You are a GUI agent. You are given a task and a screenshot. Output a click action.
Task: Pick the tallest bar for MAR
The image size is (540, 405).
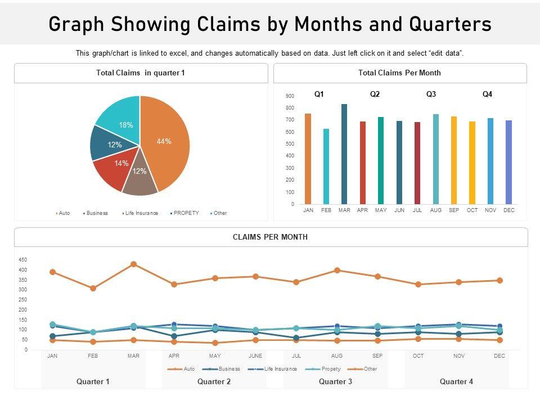pos(344,154)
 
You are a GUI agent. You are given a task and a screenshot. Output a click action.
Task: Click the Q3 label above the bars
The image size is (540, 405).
pos(431,94)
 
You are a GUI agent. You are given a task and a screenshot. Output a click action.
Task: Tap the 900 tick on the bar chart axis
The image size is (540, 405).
pos(290,96)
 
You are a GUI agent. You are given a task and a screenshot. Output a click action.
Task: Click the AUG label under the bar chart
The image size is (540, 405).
pos(435,210)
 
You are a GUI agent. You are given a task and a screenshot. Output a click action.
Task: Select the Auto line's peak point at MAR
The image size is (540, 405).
pos(133,264)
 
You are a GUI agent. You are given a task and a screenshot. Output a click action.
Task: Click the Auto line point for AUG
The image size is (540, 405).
pos(337,270)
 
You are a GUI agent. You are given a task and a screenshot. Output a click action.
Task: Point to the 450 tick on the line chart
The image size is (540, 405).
pos(23,260)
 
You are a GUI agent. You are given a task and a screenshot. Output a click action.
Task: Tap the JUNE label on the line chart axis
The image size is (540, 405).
pos(255,356)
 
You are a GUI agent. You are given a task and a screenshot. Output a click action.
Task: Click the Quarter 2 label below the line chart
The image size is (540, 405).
pos(214,381)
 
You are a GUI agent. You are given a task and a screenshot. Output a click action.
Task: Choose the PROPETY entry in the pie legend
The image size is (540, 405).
pos(186,213)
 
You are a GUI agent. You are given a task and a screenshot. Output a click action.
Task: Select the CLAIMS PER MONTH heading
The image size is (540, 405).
pos(270,237)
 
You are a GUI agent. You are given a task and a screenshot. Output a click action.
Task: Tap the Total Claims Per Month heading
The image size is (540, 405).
pos(399,73)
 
